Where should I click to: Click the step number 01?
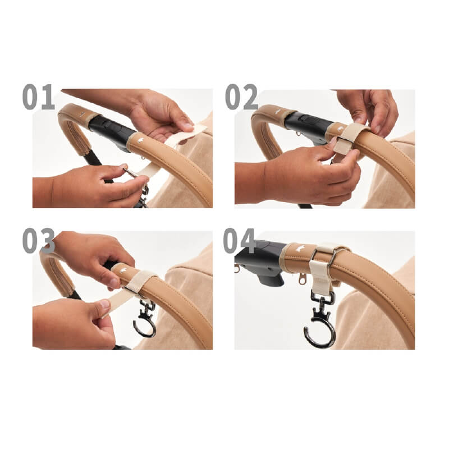pyautogui.click(x=38, y=97)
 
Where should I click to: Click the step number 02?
pyautogui.click(x=241, y=97)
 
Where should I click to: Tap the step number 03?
pyautogui.click(x=38, y=241)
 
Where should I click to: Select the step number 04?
pyautogui.click(x=239, y=241)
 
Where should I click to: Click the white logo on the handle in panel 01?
pyautogui.click(x=140, y=141)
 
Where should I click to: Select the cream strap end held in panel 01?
pyautogui.click(x=190, y=133)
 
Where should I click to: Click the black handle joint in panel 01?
pyautogui.click(x=113, y=132)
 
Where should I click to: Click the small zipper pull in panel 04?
pyautogui.click(x=301, y=278)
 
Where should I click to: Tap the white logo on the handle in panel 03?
pyautogui.click(x=123, y=270)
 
